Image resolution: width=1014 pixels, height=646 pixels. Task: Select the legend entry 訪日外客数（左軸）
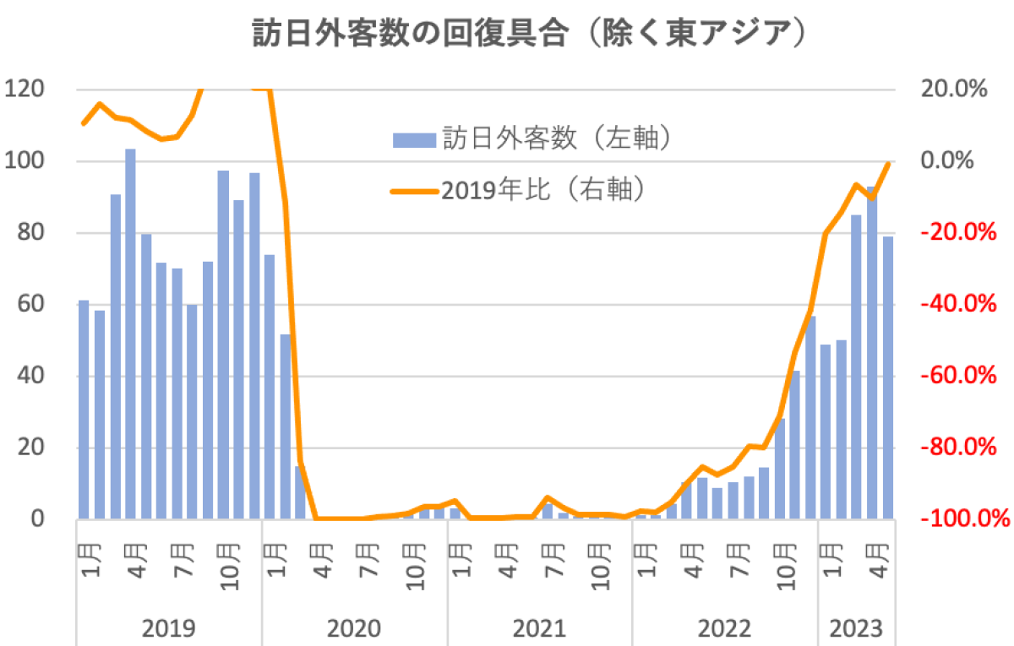pyautogui.click(x=532, y=138)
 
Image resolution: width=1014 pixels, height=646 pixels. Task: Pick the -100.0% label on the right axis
pyautogui.click(x=957, y=518)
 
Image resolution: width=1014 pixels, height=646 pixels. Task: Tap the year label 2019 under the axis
pyautogui.click(x=169, y=628)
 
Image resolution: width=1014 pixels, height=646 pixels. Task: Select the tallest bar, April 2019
pyautogui.click(x=130, y=334)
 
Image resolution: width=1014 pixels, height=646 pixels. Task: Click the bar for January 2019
pyautogui.click(x=84, y=410)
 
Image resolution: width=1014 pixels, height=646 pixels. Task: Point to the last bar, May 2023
pyautogui.click(x=888, y=377)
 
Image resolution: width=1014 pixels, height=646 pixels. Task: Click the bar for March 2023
pyautogui.click(x=857, y=366)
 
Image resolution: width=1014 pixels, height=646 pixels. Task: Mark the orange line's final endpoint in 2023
pyautogui.click(x=888, y=163)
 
